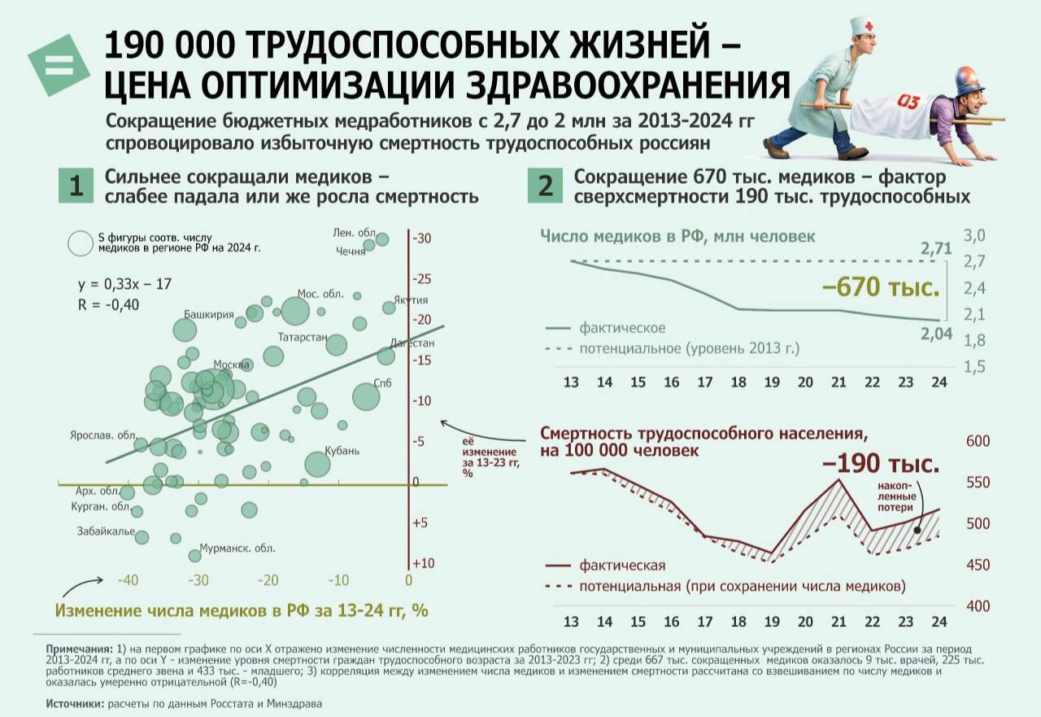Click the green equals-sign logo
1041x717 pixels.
59,64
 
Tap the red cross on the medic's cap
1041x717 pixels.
868,27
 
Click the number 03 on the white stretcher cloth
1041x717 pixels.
909,103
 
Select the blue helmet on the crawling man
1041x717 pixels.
969,81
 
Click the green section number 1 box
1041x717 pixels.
76,186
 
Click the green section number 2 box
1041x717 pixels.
545,186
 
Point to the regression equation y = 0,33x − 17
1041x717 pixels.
124,285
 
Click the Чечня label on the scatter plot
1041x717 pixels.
351,251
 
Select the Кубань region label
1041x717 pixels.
342,451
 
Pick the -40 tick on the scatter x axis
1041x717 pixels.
126,580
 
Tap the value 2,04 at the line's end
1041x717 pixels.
937,334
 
